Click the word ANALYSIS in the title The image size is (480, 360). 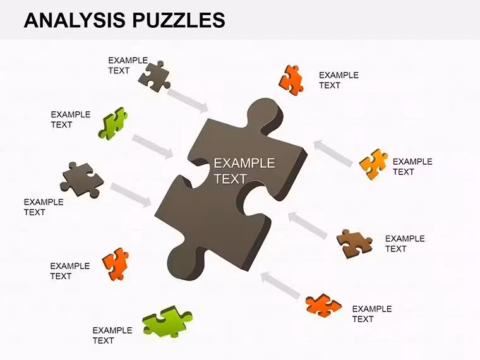tap(75, 20)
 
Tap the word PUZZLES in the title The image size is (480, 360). tap(179, 20)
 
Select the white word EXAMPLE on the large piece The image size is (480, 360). tap(244, 163)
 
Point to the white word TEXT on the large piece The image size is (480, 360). tap(230, 179)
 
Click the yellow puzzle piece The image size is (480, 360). tap(373, 164)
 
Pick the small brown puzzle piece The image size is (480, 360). tap(354, 244)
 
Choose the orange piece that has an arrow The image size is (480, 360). tap(323, 305)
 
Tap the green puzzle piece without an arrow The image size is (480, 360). tap(167, 321)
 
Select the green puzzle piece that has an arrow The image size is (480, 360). tap(112, 124)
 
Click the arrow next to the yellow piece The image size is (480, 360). tap(333, 153)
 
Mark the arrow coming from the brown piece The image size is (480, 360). tap(308, 225)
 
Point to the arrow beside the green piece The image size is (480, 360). tap(153, 147)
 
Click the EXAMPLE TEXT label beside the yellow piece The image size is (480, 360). tap(412, 167)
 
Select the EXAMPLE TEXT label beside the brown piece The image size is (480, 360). tap(405, 244)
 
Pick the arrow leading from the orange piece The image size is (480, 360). tap(280, 285)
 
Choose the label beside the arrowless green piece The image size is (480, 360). tap(112, 335)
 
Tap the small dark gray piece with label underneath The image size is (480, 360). tap(81, 180)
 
